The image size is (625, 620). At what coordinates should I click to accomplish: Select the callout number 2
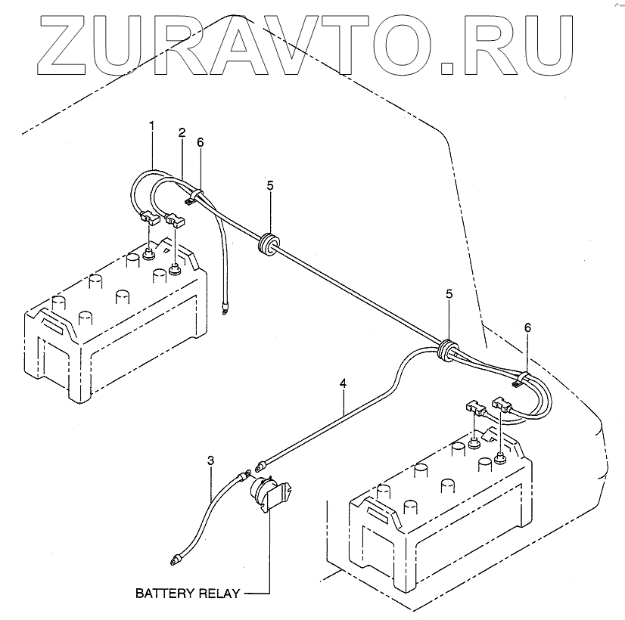coord(182,132)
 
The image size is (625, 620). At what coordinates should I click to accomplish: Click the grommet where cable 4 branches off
coord(447,348)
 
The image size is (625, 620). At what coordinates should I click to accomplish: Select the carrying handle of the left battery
coord(54,323)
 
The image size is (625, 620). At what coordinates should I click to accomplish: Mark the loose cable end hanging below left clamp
coord(224,308)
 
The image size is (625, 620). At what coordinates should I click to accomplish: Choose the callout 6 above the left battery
coord(200,141)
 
